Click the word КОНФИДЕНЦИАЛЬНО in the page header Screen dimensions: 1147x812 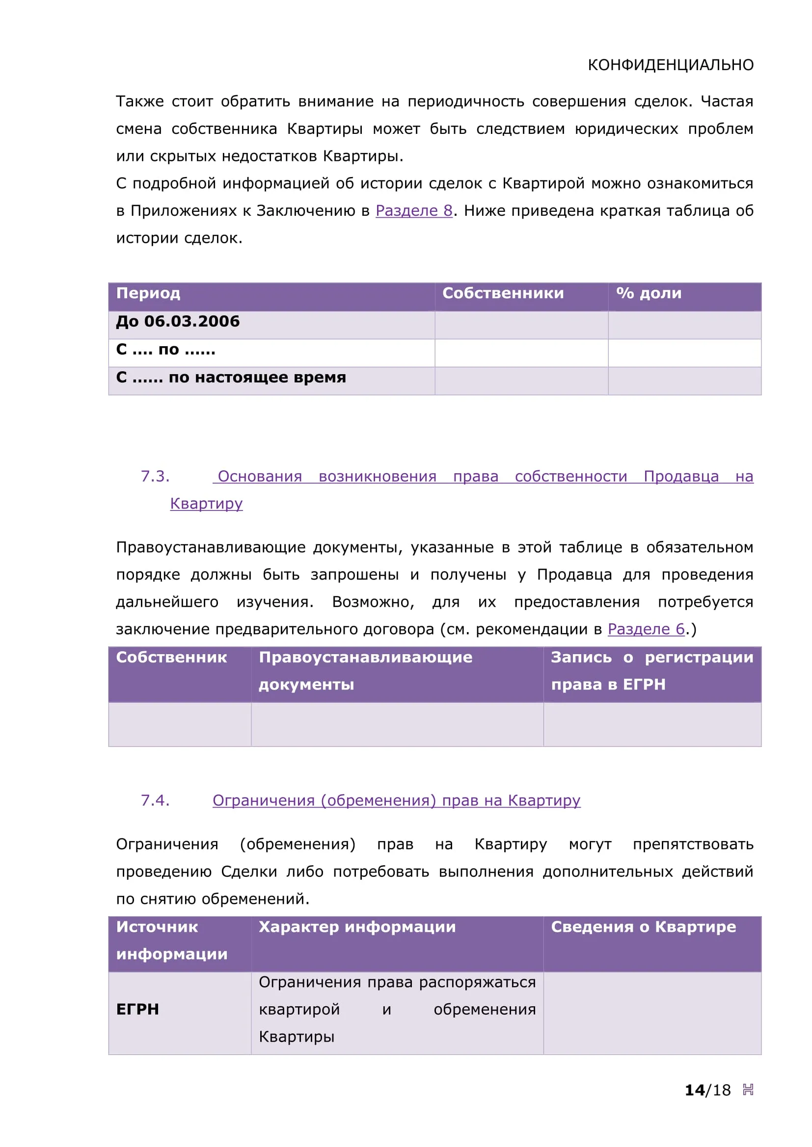point(670,65)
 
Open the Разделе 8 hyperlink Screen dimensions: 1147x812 point(413,211)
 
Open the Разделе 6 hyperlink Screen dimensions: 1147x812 point(646,629)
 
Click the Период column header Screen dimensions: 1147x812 point(148,293)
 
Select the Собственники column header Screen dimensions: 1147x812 point(503,293)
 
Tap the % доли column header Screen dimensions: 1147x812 point(649,293)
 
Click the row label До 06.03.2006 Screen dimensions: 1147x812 point(178,321)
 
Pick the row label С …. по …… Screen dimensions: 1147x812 point(165,349)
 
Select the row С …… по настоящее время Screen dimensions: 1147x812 point(231,377)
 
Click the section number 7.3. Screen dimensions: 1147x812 point(155,476)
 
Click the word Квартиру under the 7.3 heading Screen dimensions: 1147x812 point(206,504)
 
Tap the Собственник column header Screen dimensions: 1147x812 point(171,658)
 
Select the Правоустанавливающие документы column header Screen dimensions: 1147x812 point(365,670)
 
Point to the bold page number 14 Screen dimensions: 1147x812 point(694,1090)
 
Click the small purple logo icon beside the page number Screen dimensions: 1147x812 point(748,1090)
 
